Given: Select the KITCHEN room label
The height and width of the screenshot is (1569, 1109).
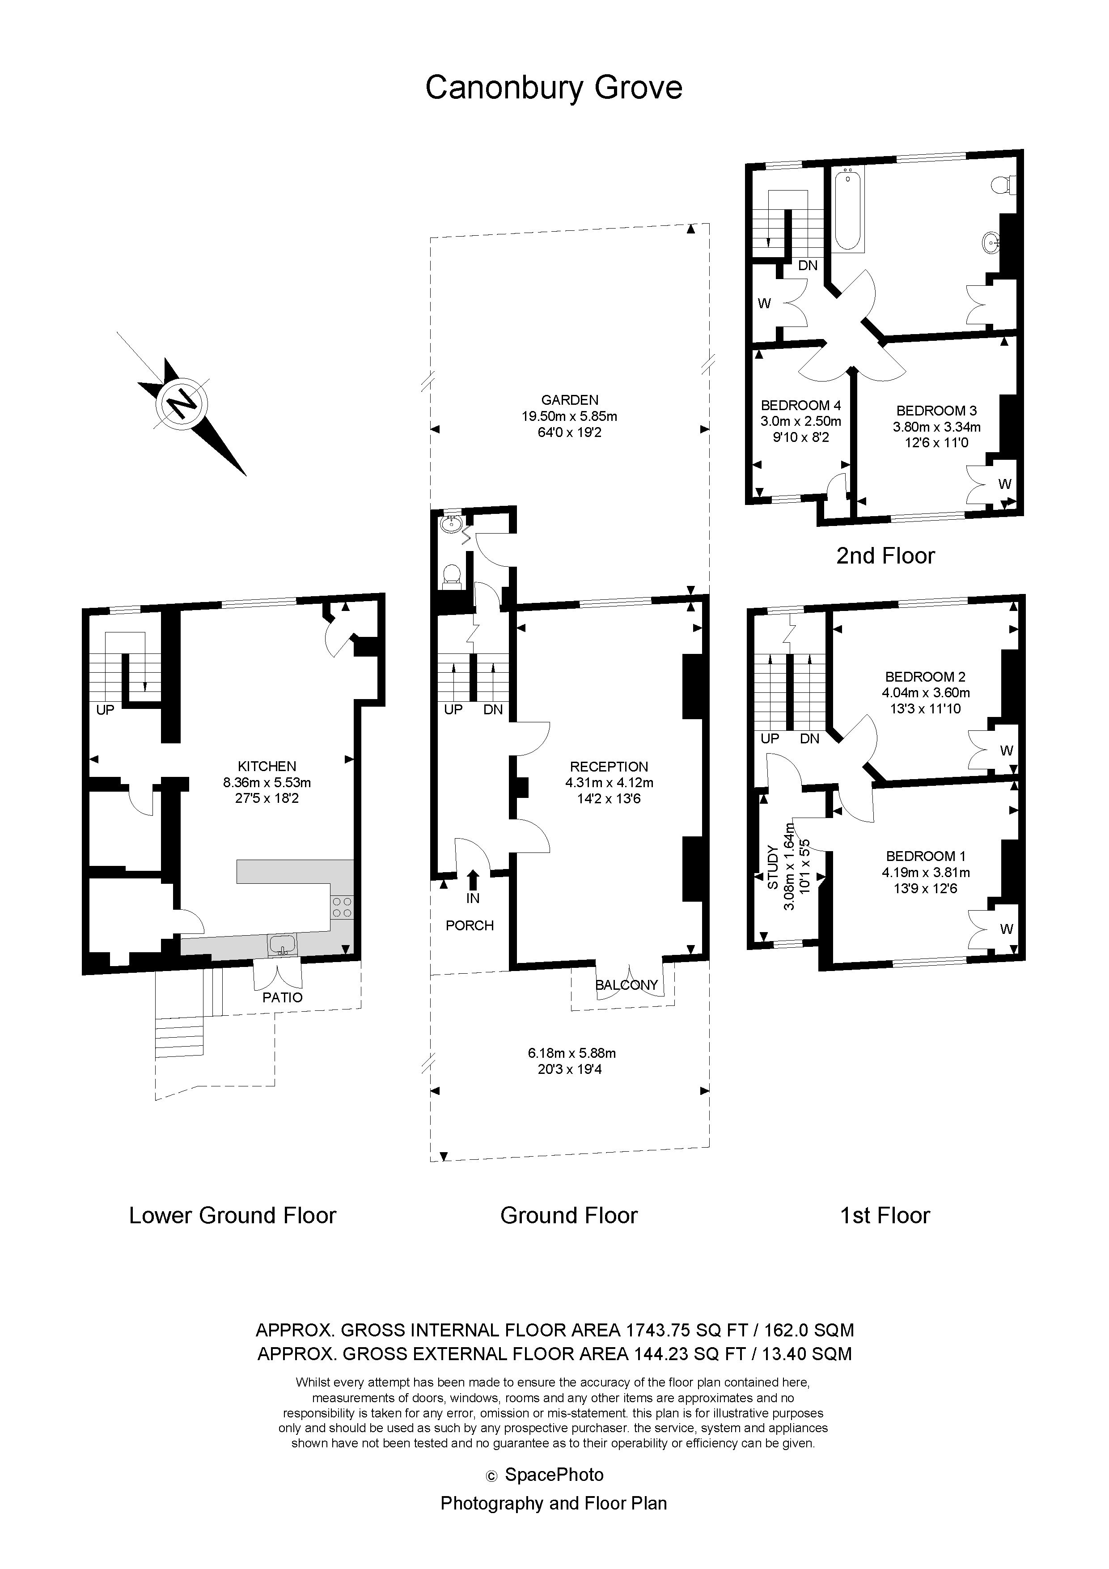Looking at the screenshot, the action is (x=267, y=767).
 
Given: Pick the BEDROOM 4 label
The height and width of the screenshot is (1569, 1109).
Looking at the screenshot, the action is (x=801, y=405).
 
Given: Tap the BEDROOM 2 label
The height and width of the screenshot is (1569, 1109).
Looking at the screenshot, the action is (x=925, y=677).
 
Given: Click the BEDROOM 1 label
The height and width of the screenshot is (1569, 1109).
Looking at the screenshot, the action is (x=926, y=856).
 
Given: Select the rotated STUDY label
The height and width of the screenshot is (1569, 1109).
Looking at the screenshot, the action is (x=773, y=868).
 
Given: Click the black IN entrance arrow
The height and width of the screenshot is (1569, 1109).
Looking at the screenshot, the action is (x=473, y=879).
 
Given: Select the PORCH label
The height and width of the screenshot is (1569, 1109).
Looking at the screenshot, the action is (x=470, y=926).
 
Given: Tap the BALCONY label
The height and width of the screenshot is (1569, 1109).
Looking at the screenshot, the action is (x=626, y=985).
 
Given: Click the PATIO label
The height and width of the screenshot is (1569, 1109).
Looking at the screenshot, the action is (x=282, y=998).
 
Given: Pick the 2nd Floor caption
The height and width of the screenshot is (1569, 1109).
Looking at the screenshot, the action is (x=885, y=556).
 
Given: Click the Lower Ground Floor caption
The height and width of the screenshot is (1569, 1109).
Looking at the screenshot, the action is (x=233, y=1216).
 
